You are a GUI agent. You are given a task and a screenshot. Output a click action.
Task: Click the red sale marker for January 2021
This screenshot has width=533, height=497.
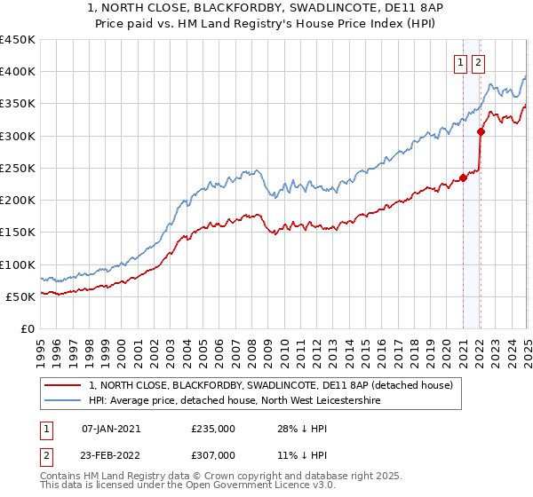[463, 177]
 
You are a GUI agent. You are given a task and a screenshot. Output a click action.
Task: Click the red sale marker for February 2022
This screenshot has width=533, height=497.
[481, 131]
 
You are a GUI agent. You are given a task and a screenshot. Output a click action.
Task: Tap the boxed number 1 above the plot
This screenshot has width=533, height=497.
[461, 62]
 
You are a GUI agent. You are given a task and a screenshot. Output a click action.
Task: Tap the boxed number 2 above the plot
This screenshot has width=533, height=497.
[478, 62]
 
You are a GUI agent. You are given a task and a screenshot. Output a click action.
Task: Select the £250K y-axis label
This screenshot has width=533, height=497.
[17, 168]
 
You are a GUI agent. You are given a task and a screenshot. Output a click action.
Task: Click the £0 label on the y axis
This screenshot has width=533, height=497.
[28, 328]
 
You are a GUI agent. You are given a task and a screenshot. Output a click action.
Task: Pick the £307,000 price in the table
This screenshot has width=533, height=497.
[213, 454]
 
